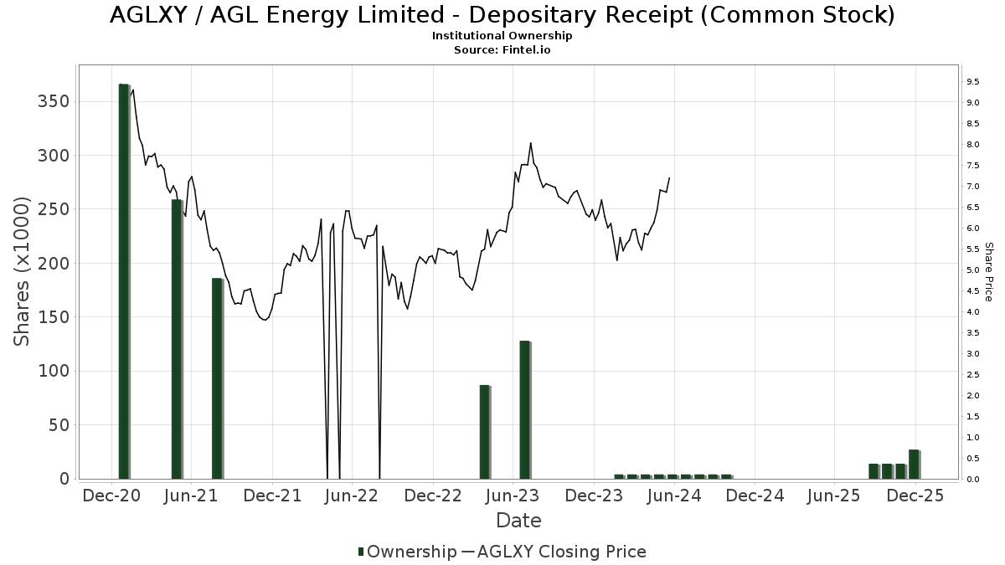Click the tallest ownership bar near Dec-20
click(124, 280)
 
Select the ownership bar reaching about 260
click(177, 338)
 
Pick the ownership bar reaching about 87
click(484, 431)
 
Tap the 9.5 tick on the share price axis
click(972, 82)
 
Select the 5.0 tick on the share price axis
click(972, 270)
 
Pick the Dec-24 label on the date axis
click(755, 496)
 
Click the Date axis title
click(518, 521)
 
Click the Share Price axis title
click(988, 272)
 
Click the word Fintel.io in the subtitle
click(527, 49)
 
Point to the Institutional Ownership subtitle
click(502, 36)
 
